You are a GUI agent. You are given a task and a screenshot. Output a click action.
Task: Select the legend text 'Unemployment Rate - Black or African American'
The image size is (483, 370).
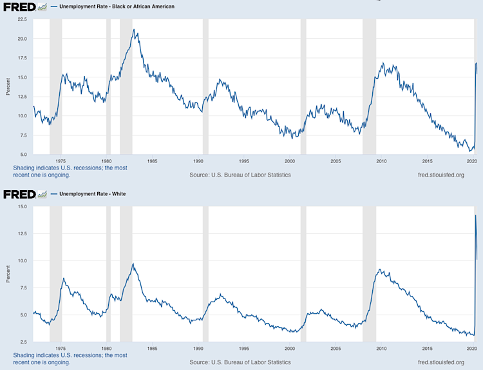coord(117,6)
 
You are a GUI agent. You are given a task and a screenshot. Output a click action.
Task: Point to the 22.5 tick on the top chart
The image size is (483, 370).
coord(22,19)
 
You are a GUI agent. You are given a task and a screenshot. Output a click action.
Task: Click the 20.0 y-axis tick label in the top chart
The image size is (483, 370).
coord(22,39)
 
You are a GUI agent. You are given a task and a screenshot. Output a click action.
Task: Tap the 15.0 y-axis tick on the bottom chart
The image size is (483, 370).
coord(22,207)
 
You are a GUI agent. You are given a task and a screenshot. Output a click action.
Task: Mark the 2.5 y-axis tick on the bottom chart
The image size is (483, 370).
coord(23,342)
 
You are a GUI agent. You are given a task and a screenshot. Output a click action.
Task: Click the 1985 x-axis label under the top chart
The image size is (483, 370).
coord(152,161)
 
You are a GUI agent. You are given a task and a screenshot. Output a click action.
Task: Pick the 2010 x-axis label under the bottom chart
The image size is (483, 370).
coord(381,347)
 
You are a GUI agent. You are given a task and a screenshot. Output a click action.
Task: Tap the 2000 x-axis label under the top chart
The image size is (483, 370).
coord(289,161)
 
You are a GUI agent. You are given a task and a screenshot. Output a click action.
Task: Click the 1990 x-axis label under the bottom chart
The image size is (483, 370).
coord(198,347)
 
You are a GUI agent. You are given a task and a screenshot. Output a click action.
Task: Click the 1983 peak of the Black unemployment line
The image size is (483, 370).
coord(133,29)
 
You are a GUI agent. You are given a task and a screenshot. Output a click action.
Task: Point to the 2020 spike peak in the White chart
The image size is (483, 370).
coord(475,215)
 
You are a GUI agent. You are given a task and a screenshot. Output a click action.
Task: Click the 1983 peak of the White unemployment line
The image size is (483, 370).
coord(133,264)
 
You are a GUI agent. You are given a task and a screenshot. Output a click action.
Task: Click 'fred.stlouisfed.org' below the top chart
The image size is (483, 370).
coord(441,175)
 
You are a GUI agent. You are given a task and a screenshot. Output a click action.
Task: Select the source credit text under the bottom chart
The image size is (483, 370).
coord(240,362)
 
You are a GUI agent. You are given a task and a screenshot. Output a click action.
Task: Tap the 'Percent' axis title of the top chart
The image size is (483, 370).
coord(7,86)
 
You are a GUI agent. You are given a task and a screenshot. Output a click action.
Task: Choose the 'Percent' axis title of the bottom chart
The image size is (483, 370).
coord(7,273)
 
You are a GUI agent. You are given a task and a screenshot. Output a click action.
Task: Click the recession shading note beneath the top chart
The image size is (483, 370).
coord(70,171)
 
